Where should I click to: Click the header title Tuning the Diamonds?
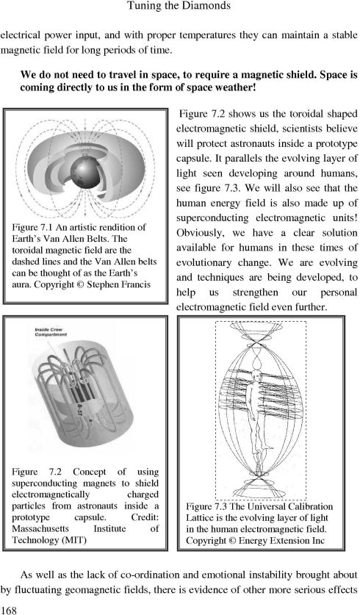point(179,6)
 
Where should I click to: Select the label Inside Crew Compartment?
point(51,332)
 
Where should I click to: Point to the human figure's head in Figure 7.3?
point(256,375)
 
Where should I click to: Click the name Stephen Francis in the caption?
point(119,284)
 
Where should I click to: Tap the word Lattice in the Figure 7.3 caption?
point(200,518)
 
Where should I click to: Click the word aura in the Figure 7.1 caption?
point(21,284)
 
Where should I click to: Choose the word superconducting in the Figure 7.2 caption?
point(40,483)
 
